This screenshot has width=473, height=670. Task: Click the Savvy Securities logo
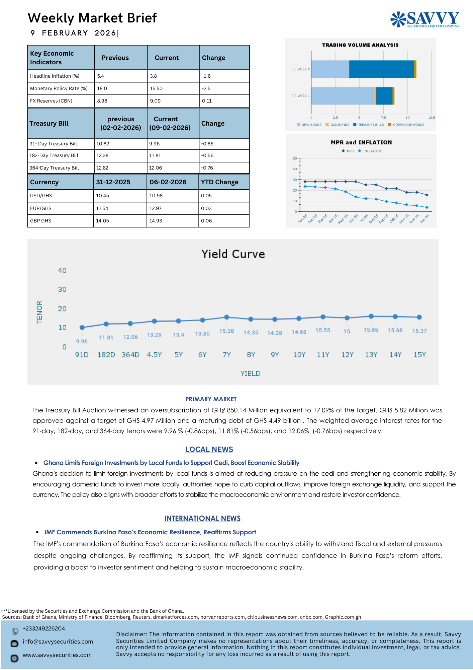pyautogui.click(x=425, y=19)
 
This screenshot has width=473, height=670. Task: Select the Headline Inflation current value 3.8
pyautogui.click(x=154, y=76)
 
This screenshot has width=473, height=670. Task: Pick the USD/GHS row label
pyautogui.click(x=41, y=196)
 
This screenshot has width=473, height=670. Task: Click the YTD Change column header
pyautogui.click(x=219, y=182)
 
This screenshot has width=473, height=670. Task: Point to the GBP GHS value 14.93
pyautogui.click(x=156, y=221)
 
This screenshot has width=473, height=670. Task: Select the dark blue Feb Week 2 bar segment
pyautogui.click(x=381, y=69)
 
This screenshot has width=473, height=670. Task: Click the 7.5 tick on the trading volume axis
pyautogui.click(x=383, y=118)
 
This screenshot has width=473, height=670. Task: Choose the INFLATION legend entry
pyautogui.click(x=372, y=151)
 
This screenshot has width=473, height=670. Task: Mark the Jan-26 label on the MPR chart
pyautogui.click(x=424, y=219)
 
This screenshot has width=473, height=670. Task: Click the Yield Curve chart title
pyautogui.click(x=233, y=254)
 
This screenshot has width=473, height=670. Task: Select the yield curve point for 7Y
pyautogui.click(x=226, y=317)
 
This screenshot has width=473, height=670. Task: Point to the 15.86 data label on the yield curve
pyautogui.click(x=371, y=330)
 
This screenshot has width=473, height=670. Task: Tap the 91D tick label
pyautogui.click(x=82, y=355)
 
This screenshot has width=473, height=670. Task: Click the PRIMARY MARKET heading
pyautogui.click(x=211, y=399)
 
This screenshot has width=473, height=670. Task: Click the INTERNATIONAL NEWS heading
pyautogui.click(x=202, y=518)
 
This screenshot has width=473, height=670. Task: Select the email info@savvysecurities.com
pyautogui.click(x=58, y=642)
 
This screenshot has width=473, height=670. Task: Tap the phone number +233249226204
pyautogui.click(x=44, y=628)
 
